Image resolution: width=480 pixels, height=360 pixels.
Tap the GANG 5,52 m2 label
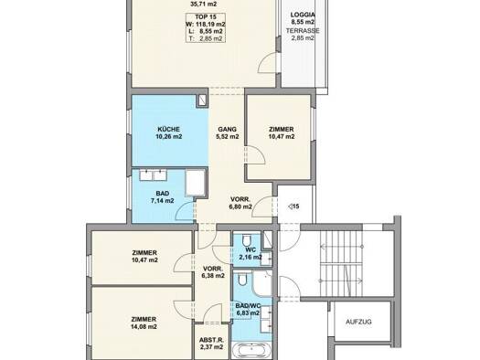tap(227, 132)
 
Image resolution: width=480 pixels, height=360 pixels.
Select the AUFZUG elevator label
tap(358, 322)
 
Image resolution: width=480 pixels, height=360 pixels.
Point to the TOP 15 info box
tap(206, 27)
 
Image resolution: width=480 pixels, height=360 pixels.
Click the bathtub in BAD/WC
tap(251, 351)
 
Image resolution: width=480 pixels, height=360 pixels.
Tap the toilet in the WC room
tap(247, 240)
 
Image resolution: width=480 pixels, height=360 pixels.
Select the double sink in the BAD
tap(153, 175)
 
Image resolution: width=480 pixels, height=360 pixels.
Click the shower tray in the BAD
tap(195, 183)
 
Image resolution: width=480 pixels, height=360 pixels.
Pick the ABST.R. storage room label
tap(211, 344)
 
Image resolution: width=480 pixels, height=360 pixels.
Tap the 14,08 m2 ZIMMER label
tap(144, 323)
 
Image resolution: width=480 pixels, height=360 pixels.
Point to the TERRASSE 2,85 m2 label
tap(303, 34)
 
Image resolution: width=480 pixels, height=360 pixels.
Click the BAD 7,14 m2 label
tap(162, 197)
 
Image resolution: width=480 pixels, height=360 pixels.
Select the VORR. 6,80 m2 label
tap(240, 203)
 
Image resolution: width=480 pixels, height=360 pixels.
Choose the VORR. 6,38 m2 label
tap(214, 272)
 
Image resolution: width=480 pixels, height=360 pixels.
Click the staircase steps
tap(341, 263)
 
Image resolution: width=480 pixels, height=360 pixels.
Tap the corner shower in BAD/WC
tap(261, 283)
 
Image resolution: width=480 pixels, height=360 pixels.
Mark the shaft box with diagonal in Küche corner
tap(202, 100)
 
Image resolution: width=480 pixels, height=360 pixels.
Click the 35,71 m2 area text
tap(204, 4)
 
